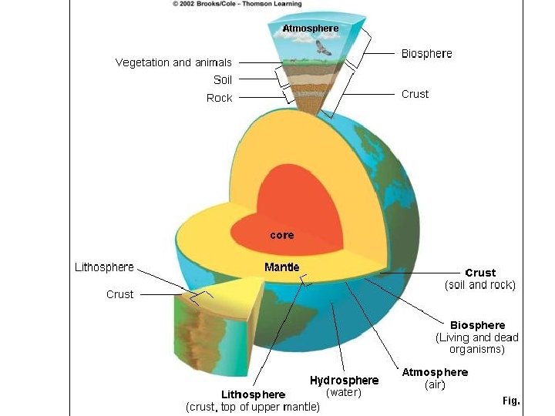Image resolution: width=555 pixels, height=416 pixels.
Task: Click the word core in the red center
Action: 281,235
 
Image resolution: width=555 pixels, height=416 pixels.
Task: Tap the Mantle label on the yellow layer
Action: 282,267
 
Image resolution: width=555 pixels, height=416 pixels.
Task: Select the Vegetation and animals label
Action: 173,62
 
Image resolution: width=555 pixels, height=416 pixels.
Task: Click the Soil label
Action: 223,80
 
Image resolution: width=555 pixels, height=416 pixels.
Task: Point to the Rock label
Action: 220,98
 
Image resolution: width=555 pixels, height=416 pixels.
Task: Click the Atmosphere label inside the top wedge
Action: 310,29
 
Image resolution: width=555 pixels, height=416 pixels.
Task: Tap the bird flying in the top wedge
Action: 322,48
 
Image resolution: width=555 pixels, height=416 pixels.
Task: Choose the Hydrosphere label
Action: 344,380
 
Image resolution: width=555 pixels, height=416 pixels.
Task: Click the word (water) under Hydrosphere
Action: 345,393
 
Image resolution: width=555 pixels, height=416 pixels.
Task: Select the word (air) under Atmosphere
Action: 435,384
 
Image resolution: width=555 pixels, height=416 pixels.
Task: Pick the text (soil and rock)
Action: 480,285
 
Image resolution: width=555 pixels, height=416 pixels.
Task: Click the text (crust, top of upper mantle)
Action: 253,407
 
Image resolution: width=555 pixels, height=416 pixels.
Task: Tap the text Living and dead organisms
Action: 477,343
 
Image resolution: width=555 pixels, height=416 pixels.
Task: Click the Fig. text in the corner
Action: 511,401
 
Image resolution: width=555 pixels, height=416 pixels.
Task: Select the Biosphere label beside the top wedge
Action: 427,54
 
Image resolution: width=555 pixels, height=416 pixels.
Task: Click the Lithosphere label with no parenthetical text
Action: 104,267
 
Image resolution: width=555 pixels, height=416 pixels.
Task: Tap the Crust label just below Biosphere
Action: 415,94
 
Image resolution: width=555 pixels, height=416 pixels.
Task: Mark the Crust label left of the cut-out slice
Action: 119,294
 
